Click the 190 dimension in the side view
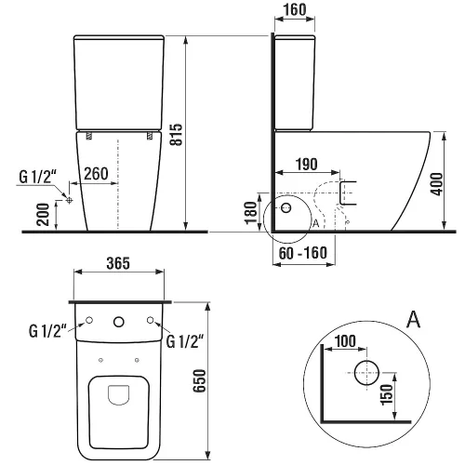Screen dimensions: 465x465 pos(303,163)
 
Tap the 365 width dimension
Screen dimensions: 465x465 pos(116,264)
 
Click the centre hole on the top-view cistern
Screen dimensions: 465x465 pos(119,323)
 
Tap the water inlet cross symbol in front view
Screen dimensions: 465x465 pos(69,199)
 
